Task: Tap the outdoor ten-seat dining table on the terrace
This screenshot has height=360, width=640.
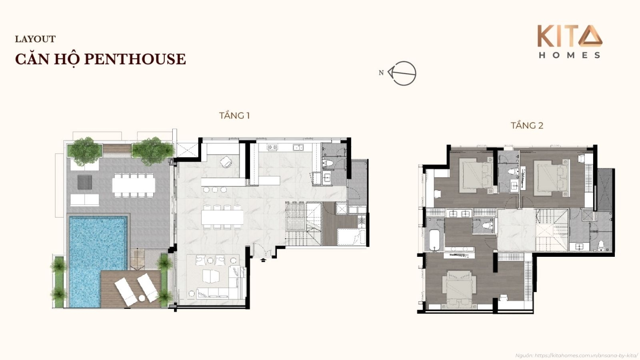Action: (134, 185)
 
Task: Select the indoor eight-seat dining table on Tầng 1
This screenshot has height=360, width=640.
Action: (222, 217)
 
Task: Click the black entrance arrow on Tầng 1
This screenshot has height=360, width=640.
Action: (263, 260)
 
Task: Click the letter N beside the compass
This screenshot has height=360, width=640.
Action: (381, 73)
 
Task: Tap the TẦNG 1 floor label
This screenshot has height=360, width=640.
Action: (234, 116)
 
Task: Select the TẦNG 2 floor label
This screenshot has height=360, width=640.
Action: (527, 126)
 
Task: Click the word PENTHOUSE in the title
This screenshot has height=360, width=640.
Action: (136, 59)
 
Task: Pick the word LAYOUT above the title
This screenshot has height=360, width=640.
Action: (35, 39)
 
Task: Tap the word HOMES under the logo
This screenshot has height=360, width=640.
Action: (570, 55)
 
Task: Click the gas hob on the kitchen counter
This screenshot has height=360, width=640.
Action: (272, 148)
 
